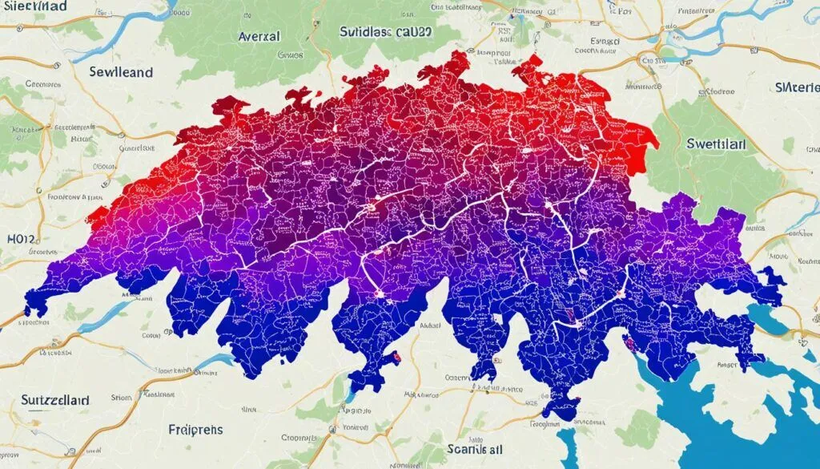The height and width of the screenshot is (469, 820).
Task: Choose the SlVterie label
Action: pyautogui.click(x=797, y=87)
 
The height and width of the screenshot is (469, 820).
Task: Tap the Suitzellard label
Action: pyautogui.click(x=43, y=398)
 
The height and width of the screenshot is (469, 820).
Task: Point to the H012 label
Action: pyautogui.click(x=22, y=238)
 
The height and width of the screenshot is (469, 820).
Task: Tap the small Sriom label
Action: pyautogui.click(x=120, y=396)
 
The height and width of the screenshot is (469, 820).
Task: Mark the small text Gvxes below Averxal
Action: pyautogui.click(x=290, y=56)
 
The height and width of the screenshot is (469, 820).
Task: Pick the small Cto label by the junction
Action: pyautogui.click(x=645, y=59)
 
